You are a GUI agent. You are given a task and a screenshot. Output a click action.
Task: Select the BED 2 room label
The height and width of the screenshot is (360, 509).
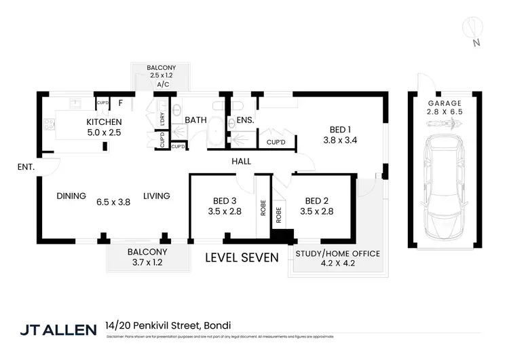pyautogui.click(x=316, y=200)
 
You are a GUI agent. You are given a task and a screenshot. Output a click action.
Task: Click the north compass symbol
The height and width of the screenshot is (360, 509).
pyautogui.click(x=473, y=30)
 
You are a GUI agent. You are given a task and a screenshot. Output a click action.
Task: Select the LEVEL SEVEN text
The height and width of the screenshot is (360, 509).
pyautogui.click(x=242, y=257)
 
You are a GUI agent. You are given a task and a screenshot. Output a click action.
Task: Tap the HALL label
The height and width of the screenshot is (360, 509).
pyautogui.click(x=241, y=162)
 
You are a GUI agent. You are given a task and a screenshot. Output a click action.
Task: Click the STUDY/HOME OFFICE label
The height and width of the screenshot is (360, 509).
pyautogui.click(x=337, y=254)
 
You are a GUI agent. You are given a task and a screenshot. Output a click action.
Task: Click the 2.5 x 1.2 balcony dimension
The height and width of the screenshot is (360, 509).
pyautogui.click(x=162, y=77)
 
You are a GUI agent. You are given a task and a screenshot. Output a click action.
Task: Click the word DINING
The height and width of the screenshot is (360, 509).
pyautogui.click(x=71, y=196)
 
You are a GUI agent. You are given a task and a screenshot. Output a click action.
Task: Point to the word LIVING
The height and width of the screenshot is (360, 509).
pyautogui.click(x=156, y=196)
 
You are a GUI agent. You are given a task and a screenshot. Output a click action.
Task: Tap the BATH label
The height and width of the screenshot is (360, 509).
pyautogui.click(x=196, y=120)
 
